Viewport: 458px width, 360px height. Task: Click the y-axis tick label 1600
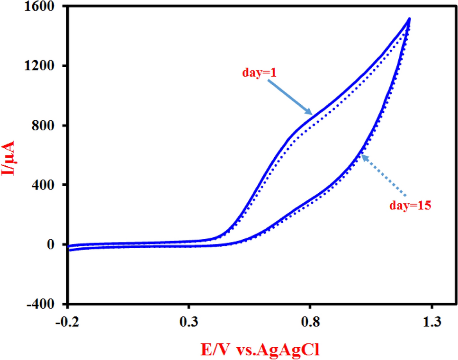(46, 7)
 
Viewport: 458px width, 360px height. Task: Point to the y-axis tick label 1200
(46, 66)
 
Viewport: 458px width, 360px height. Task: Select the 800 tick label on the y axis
(49, 126)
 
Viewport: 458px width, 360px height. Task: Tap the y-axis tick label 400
(49, 185)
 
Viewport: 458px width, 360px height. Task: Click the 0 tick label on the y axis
(56, 244)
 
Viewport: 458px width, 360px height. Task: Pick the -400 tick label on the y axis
(47, 304)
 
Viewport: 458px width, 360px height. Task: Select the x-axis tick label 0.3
(189, 322)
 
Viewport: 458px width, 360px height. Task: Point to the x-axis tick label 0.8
(310, 322)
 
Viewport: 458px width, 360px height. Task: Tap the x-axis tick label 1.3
(431, 322)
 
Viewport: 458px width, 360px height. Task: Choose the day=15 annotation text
(410, 206)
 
